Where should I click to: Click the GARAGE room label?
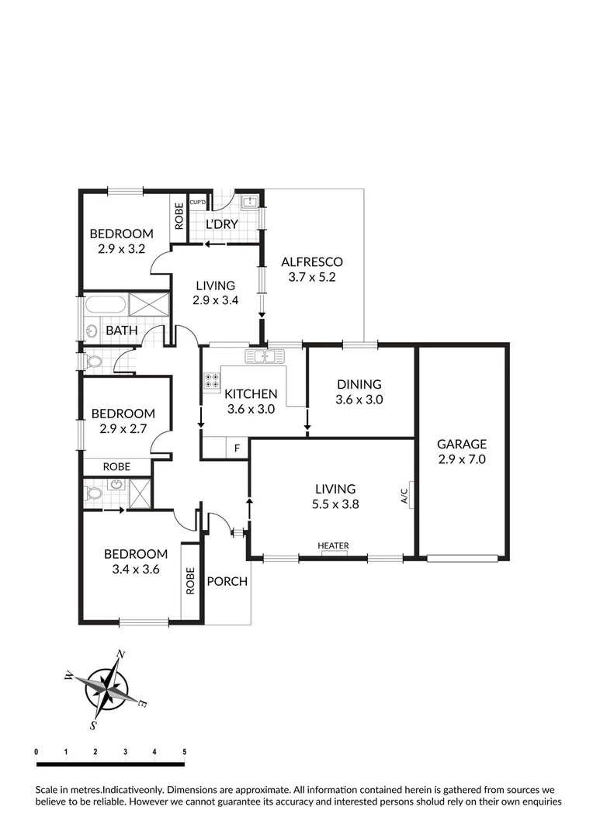point(461,445)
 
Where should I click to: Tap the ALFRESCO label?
point(311,261)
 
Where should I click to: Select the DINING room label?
point(359,384)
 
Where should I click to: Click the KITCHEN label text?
point(251,394)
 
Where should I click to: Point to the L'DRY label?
point(221,225)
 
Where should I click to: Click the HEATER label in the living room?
point(333,546)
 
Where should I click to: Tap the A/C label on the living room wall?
point(404,495)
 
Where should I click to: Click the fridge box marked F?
point(236,448)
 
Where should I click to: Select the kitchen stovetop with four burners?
point(211,380)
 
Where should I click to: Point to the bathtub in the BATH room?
point(106,304)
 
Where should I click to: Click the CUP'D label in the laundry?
point(197,202)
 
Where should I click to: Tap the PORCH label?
point(227,581)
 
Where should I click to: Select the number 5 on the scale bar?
point(184,751)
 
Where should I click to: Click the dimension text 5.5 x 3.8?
point(335,504)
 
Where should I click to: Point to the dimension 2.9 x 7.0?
point(461,459)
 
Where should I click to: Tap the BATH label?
point(121,331)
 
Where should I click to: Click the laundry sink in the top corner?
point(250,203)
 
